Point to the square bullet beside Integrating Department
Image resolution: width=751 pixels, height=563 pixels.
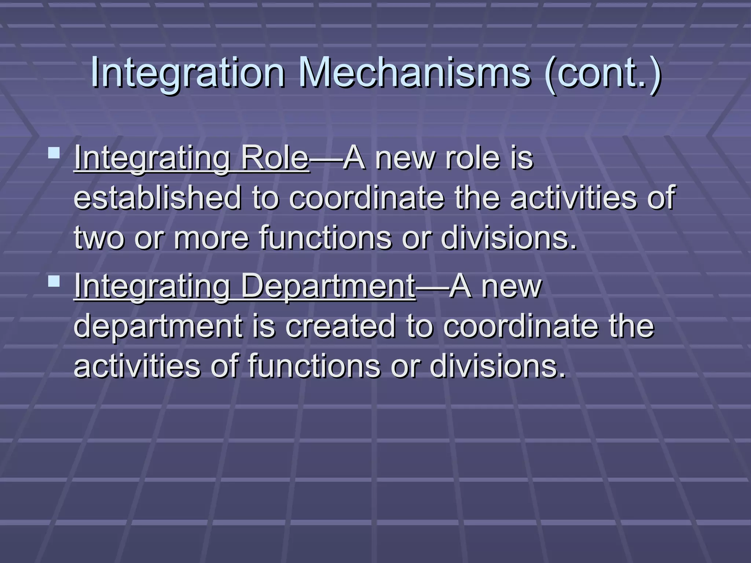[x=54, y=281]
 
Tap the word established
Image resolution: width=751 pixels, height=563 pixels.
[x=158, y=198]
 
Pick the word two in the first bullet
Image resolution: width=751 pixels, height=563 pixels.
[x=99, y=238]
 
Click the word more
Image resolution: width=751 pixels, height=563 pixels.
[x=211, y=238]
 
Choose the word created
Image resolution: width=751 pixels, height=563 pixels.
[x=341, y=326]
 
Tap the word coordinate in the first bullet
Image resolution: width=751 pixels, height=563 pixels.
[x=367, y=198]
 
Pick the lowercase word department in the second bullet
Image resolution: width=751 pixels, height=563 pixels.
[x=158, y=327]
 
